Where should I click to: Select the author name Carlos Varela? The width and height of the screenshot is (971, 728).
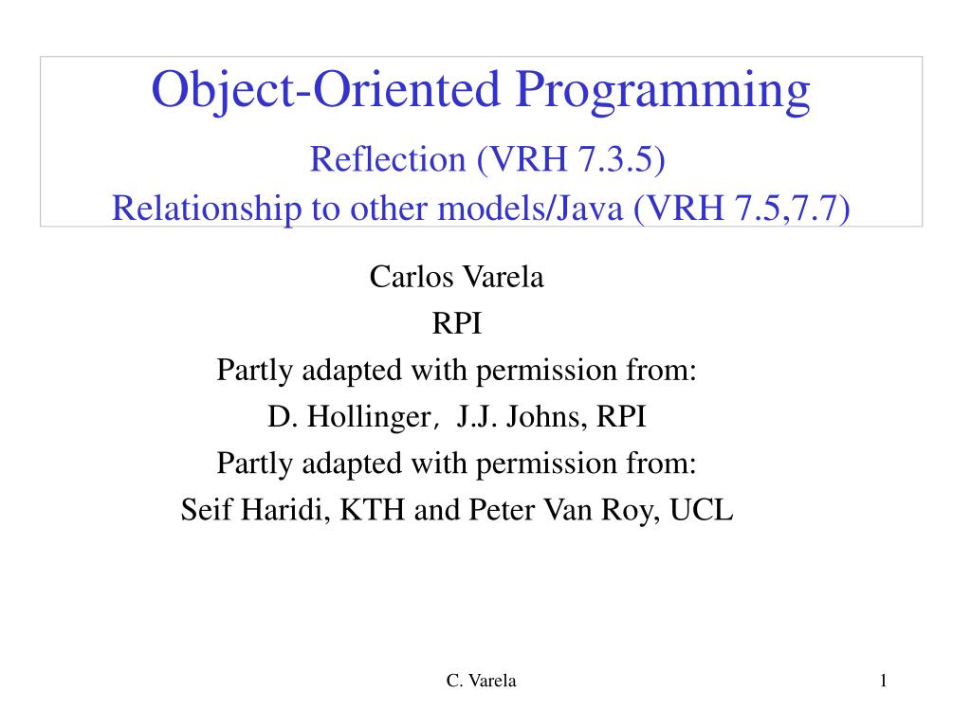pyautogui.click(x=456, y=278)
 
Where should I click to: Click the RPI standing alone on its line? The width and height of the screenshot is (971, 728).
pyautogui.click(x=457, y=324)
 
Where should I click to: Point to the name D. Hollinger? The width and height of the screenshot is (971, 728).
pyautogui.click(x=342, y=417)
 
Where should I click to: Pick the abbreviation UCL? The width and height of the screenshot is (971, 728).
pyautogui.click(x=702, y=510)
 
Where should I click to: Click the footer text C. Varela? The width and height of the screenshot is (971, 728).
pyautogui.click(x=481, y=681)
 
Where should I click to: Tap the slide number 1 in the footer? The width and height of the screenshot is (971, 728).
pyautogui.click(x=882, y=681)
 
